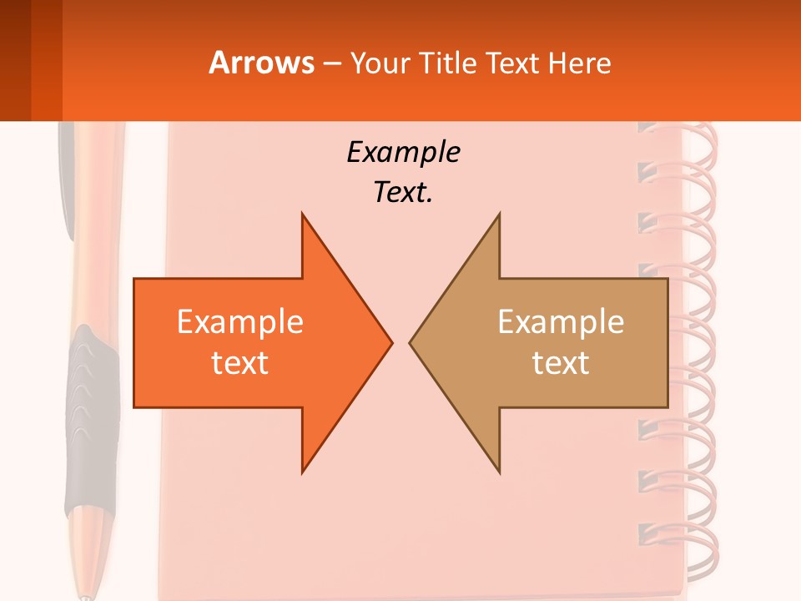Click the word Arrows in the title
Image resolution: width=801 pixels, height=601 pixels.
click(262, 63)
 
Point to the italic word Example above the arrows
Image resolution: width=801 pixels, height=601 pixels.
click(404, 152)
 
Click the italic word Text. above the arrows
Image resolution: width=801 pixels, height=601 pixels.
click(404, 193)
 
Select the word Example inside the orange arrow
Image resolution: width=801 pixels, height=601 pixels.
click(240, 321)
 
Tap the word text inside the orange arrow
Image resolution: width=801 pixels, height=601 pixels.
click(240, 362)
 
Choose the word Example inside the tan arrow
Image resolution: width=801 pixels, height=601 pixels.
click(561, 321)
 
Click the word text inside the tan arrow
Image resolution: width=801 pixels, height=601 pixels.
click(561, 362)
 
